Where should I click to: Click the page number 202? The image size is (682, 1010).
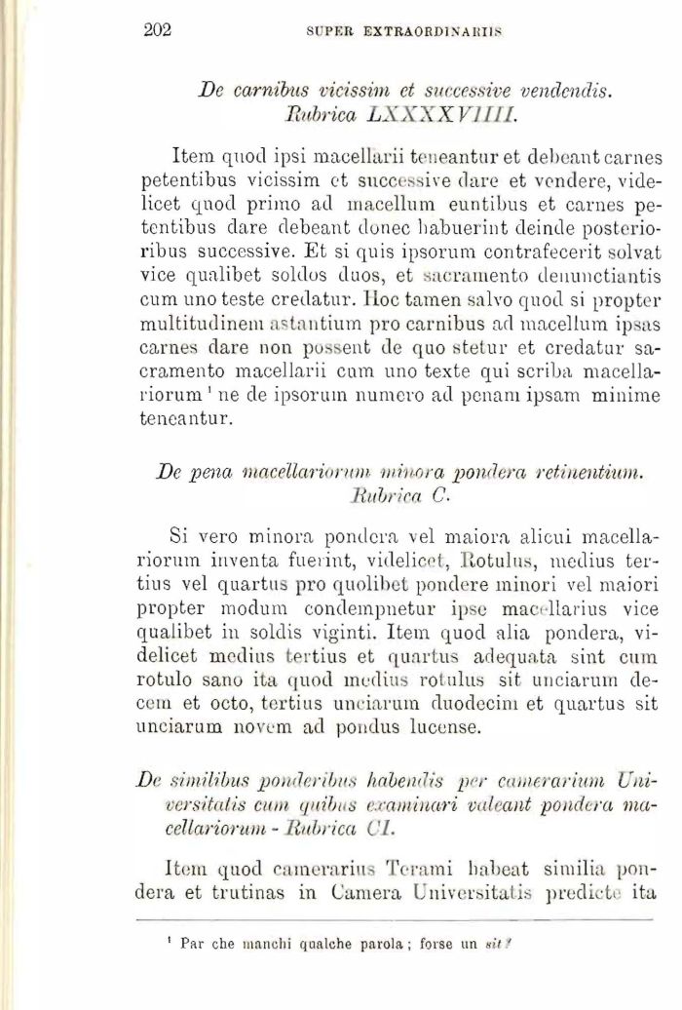click(x=157, y=29)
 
